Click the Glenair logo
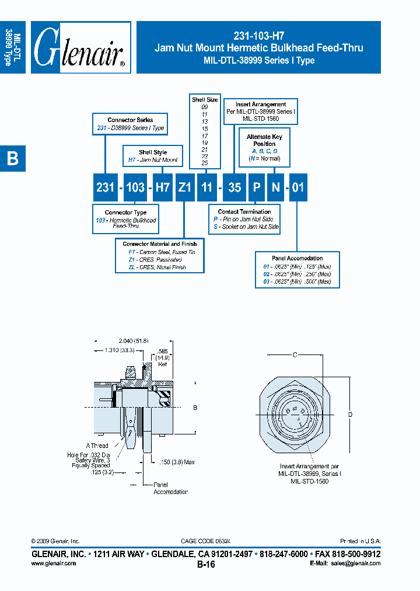(80, 48)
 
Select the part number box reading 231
(105, 188)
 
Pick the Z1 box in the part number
(184, 188)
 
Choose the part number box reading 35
(233, 188)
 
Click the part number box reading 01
(297, 188)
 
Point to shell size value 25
(204, 164)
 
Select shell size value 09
(204, 107)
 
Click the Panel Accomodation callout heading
(297, 258)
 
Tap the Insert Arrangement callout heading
(261, 105)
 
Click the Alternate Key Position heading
(264, 140)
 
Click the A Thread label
(97, 445)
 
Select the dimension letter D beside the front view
(350, 415)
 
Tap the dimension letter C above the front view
(295, 354)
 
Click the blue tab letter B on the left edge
(12, 158)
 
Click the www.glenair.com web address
(53, 564)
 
